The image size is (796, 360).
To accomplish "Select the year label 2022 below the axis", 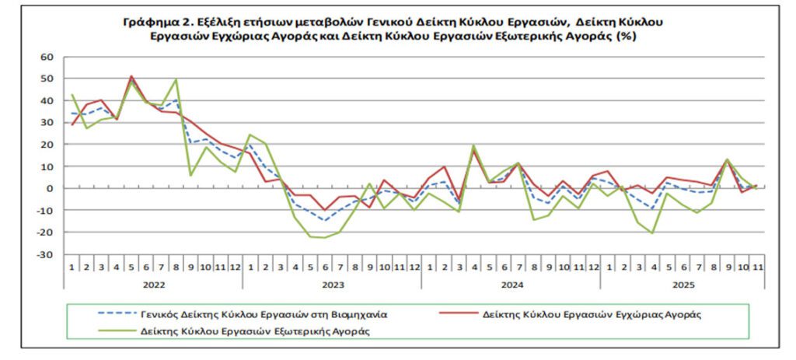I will (x=153, y=285).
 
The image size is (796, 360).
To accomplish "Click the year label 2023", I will (x=332, y=285).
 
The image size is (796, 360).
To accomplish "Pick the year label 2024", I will (x=511, y=285).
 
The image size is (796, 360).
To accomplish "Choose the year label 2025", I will (x=683, y=285).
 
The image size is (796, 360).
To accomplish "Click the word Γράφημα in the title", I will (x=148, y=22).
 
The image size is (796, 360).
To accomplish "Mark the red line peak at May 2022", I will (x=131, y=76).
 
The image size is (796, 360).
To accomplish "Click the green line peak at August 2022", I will (x=176, y=79).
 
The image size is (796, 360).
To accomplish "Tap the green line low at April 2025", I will (x=651, y=232).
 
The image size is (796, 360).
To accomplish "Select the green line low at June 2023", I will (x=324, y=237).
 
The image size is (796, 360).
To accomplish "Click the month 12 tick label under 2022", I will (x=236, y=267).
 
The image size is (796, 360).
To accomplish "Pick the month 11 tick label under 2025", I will (x=756, y=267).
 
